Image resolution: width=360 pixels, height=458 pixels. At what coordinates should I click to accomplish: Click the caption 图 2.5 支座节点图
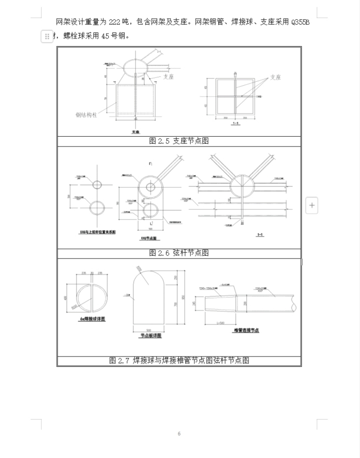point(179,141)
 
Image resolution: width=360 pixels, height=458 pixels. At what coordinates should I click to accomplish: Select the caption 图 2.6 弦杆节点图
point(179,253)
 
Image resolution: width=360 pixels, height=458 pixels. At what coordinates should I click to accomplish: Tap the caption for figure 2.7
point(179,361)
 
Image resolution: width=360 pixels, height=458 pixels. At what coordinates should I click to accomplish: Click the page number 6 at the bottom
point(179,434)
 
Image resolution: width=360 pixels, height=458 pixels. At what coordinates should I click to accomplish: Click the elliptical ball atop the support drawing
point(135,68)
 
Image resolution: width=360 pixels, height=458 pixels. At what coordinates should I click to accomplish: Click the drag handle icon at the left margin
point(47,36)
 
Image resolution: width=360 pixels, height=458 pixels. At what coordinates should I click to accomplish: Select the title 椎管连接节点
point(246,330)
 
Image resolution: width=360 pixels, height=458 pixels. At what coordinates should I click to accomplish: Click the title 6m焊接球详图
point(92,319)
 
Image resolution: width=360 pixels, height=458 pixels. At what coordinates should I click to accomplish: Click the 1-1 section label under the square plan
point(235,124)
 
